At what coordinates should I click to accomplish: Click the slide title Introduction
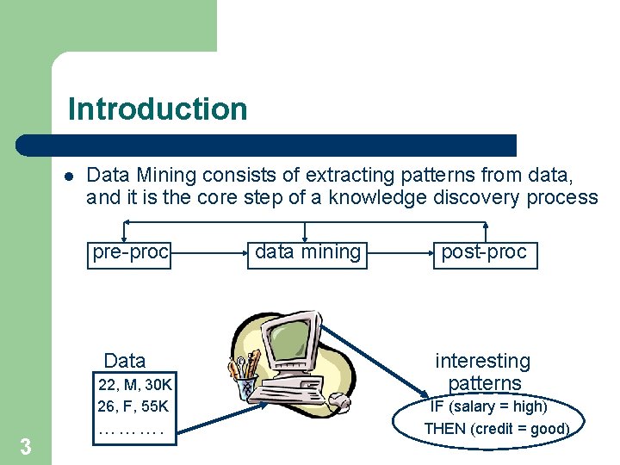[x=158, y=109]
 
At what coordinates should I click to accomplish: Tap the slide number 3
[x=26, y=446]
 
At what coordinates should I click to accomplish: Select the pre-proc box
[x=131, y=252]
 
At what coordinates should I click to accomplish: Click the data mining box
[x=307, y=252]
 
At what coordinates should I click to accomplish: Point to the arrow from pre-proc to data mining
[x=209, y=253]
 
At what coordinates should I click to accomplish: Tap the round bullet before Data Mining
[x=68, y=177]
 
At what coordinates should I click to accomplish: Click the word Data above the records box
[x=125, y=361]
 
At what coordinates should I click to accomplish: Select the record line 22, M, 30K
[x=135, y=384]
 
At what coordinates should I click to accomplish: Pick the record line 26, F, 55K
[x=133, y=406]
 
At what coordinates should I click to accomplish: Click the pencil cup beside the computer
[x=245, y=379]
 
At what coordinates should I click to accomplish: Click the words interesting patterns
[x=483, y=372]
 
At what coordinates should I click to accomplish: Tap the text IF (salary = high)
[x=488, y=406]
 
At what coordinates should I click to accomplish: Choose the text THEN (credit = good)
[x=496, y=428]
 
